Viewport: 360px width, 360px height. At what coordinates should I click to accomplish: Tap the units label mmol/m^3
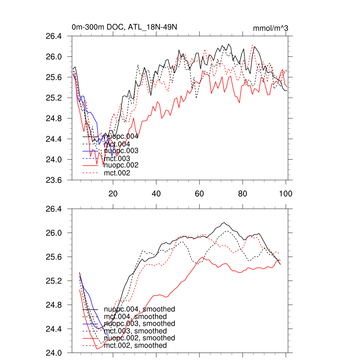(271, 28)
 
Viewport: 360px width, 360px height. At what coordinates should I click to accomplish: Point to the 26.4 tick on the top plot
(54, 36)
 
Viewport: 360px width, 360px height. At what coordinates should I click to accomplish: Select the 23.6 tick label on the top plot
(54, 180)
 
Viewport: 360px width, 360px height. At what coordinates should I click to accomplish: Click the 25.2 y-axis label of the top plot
(54, 98)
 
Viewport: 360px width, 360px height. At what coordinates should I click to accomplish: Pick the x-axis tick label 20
(113, 193)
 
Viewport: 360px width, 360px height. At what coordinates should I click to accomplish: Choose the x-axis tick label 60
(199, 193)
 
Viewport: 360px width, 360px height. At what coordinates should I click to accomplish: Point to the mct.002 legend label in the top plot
(117, 173)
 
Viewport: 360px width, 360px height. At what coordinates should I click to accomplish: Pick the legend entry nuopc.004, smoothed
(140, 309)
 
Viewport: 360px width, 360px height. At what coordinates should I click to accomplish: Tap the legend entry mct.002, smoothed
(135, 346)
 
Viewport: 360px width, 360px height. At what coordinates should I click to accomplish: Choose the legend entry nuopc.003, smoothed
(140, 323)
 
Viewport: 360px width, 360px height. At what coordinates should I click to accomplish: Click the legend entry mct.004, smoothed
(135, 316)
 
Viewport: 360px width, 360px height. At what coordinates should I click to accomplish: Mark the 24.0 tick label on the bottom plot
(54, 353)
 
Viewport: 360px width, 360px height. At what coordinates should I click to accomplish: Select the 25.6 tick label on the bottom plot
(54, 257)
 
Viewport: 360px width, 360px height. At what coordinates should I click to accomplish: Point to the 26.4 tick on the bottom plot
(54, 209)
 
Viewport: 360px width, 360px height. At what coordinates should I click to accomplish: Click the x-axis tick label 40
(156, 193)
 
